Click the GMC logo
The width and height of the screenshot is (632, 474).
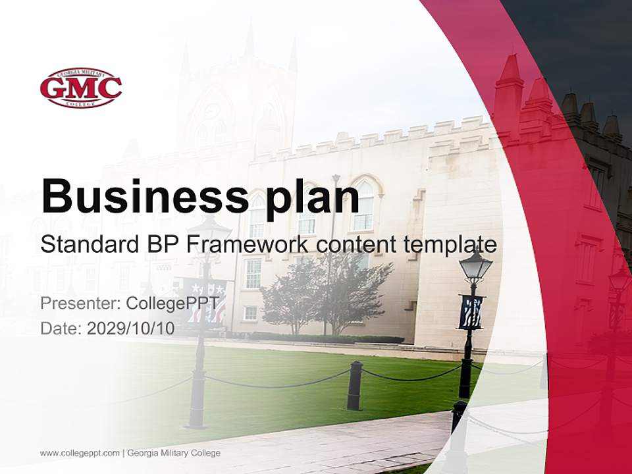coord(80,88)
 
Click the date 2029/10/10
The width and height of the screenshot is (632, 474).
coord(131,329)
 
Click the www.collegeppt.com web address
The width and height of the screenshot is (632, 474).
coord(80,453)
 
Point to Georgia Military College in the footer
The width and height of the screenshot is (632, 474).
coord(174,453)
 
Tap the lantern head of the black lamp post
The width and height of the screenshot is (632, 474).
coord(475,265)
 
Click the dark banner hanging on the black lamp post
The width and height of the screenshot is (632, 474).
coord(471,311)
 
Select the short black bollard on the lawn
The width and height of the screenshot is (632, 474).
coord(355,385)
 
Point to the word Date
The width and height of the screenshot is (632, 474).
coord(60,329)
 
